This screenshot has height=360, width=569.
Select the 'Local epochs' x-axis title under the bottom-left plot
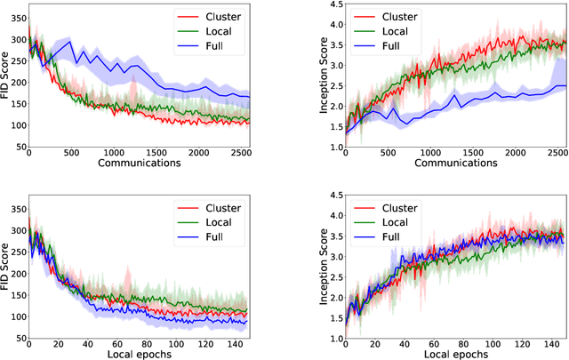tap(140, 353)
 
